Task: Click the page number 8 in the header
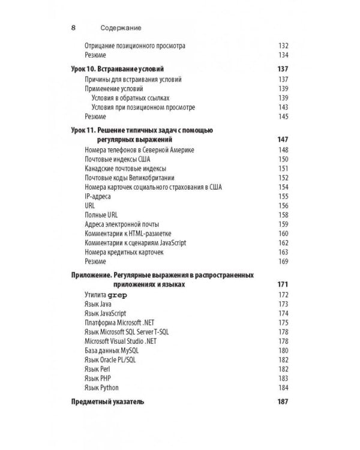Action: point(73,28)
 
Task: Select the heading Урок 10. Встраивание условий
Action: point(118,70)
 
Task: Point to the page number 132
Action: point(283,46)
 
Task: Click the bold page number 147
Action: point(283,139)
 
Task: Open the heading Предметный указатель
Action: point(108,402)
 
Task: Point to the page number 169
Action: point(283,262)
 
